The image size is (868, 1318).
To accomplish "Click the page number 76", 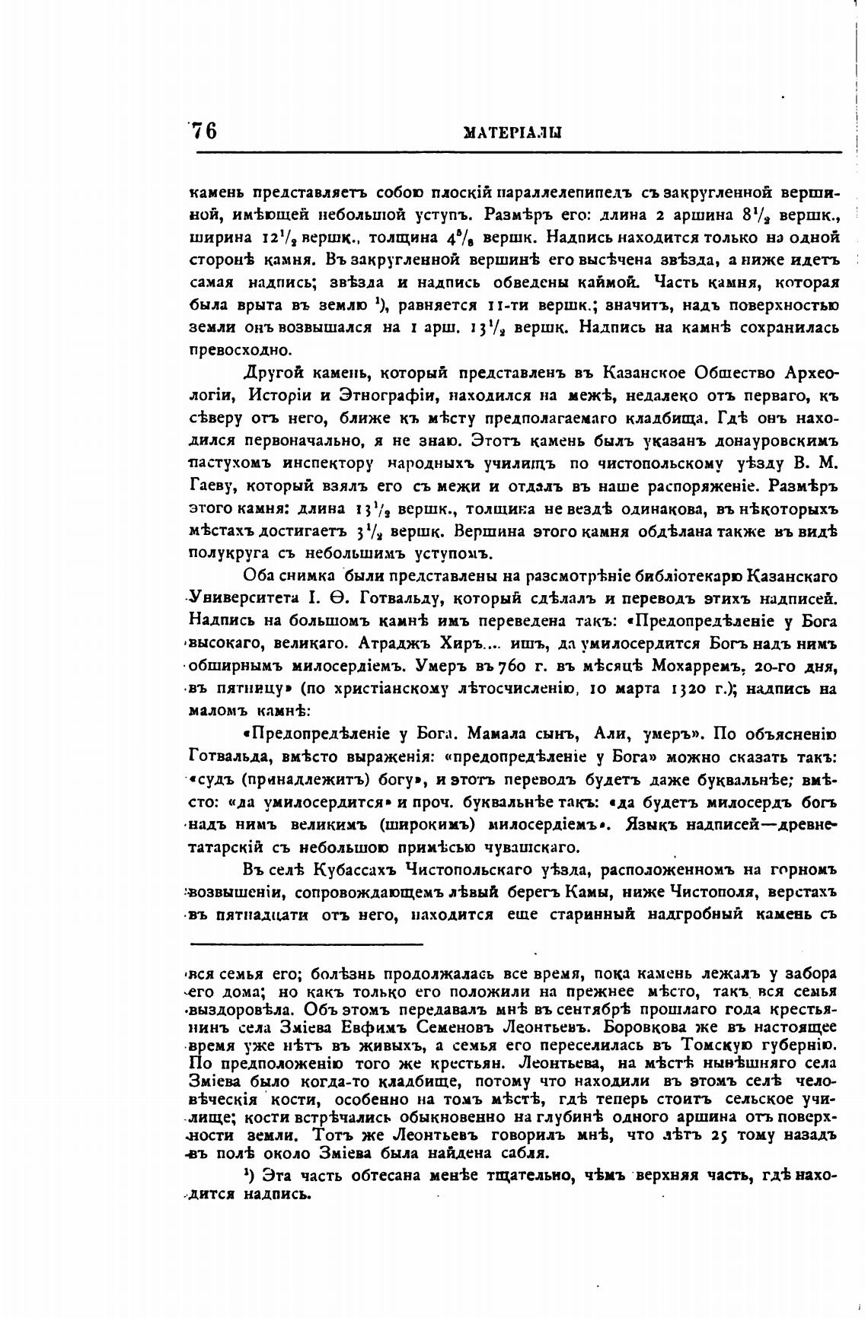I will (204, 131).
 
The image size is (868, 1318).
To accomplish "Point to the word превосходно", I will (229, 351).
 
